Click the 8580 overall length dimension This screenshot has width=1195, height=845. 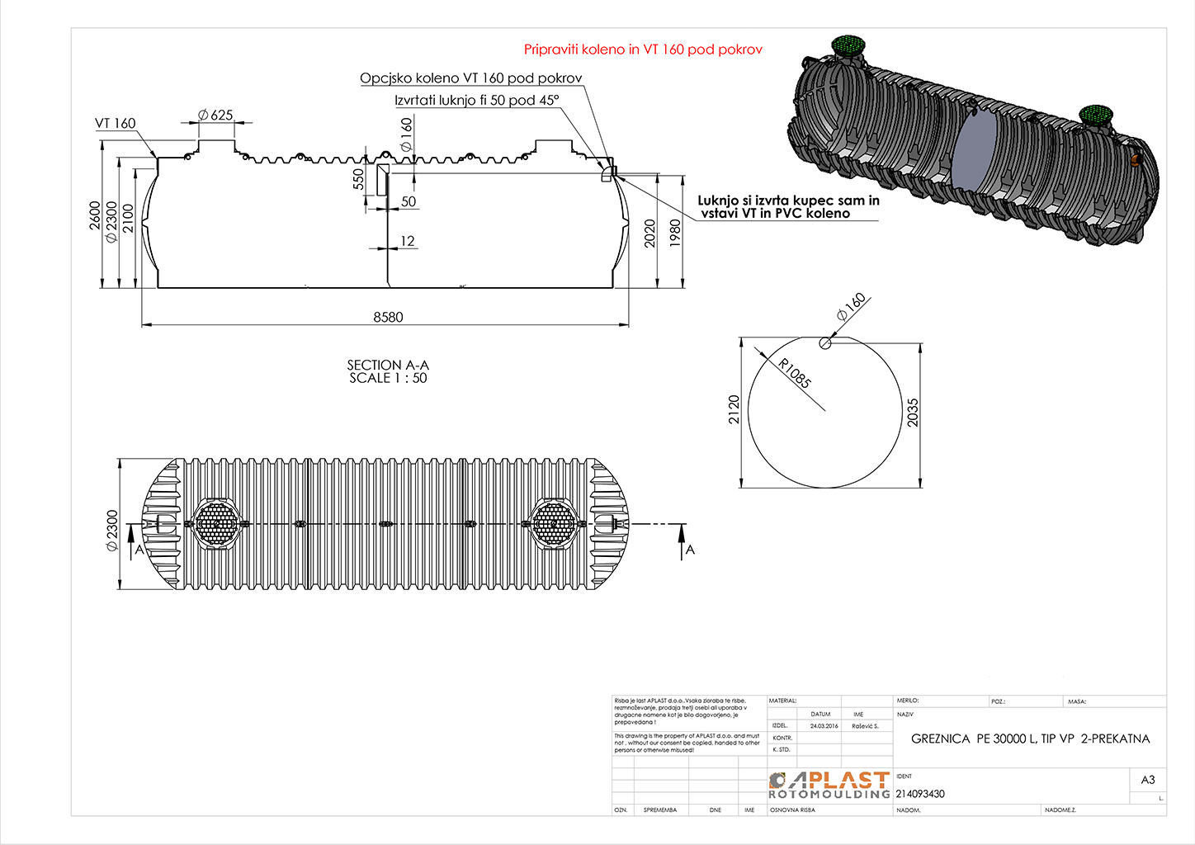point(388,317)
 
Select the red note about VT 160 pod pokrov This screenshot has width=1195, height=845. point(643,50)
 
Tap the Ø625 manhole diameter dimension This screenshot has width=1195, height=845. point(216,116)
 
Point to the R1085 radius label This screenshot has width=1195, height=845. point(795,373)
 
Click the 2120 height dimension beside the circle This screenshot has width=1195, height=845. point(734,410)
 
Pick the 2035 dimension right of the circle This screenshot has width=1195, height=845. point(913,413)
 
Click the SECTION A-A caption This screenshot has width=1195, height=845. point(388,365)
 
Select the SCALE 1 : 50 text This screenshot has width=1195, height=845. point(388,379)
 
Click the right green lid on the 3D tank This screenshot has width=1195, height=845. point(1098,115)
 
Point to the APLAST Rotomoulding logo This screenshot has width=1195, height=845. point(829,786)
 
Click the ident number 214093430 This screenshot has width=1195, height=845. point(920,794)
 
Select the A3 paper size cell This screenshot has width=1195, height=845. point(1148,780)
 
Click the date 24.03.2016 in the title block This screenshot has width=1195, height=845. point(824,726)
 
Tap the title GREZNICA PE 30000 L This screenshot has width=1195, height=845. point(1030,739)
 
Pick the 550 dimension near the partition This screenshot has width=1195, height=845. point(359,180)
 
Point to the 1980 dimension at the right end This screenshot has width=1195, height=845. point(676,232)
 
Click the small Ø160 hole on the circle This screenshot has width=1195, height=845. point(825,343)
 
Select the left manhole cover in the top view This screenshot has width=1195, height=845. point(217,523)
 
